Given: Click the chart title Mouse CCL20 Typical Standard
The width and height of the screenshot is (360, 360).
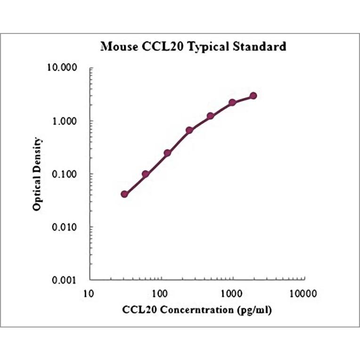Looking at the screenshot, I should pos(193,47).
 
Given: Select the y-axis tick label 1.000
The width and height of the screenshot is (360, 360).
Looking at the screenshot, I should pos(65,121).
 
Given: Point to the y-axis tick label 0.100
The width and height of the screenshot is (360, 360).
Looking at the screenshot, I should pos(65,174).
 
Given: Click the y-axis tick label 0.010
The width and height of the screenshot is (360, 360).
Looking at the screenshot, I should pos(65,228).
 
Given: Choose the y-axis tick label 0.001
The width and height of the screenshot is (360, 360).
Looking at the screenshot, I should pos(65,280).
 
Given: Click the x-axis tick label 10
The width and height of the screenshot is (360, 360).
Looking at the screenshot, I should pos(88,294).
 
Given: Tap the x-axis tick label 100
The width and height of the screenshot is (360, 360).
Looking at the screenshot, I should pos(160,294).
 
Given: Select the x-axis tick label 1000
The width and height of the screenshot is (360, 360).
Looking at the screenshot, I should pos(232,294).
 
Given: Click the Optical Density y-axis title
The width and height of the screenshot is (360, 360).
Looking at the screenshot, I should pos(37,174).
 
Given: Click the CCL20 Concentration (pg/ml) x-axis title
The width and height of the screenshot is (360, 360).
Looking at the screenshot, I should pos(197,310).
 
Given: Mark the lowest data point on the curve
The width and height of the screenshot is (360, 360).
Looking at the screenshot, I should pos(124,194).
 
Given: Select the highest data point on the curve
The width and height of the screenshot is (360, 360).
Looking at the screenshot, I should pos(254,96).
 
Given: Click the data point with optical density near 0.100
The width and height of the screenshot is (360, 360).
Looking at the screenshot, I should pos(146,174).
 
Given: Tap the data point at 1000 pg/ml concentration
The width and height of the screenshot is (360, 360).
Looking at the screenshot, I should pos(232,103).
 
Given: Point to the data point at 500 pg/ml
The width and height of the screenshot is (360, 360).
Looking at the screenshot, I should pos(211,116).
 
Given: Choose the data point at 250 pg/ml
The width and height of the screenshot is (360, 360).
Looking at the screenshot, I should pos(189,130).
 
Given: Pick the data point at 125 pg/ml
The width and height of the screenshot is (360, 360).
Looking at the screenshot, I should pos(167,153).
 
